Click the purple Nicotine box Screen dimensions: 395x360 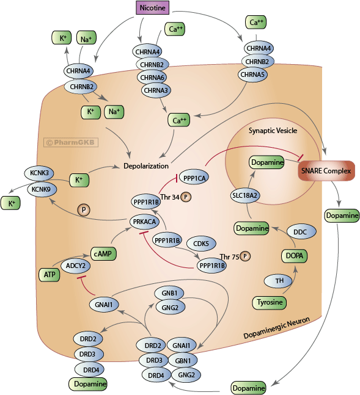[153, 8]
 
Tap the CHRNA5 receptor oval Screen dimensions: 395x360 [257, 74]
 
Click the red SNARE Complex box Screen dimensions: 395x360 [326, 172]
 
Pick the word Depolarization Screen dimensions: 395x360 [147, 165]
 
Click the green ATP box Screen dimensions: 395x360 [48, 275]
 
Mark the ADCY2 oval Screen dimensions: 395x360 [76, 266]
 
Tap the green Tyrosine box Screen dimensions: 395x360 [270, 302]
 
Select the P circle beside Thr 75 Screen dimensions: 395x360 [245, 256]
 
